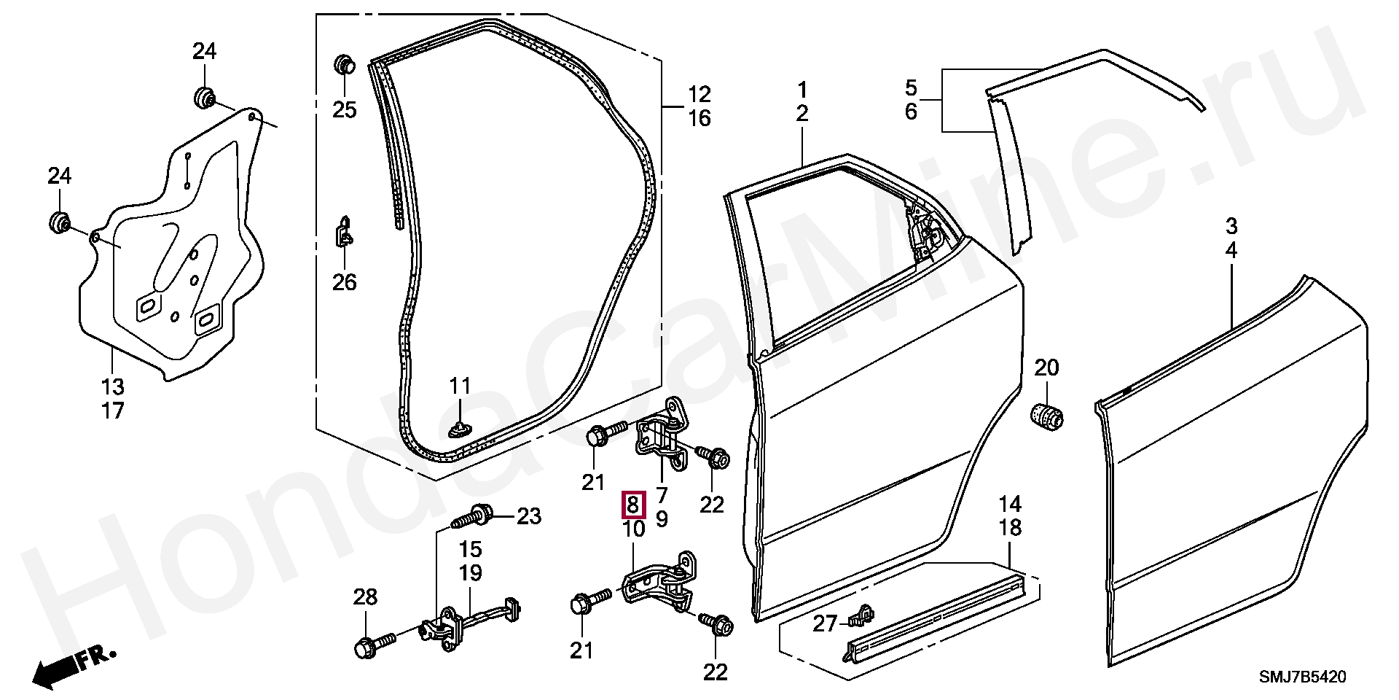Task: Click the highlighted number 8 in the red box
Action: point(632,505)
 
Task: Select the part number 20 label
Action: point(1046,368)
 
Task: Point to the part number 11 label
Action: point(460,386)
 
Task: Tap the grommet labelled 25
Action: point(344,64)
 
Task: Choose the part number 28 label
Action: point(365,598)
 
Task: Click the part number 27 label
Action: point(825,623)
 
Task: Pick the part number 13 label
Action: point(112,386)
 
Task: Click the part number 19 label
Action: point(471,573)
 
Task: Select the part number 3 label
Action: point(1231,226)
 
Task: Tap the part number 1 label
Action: point(802,90)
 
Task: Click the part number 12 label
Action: point(699,95)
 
